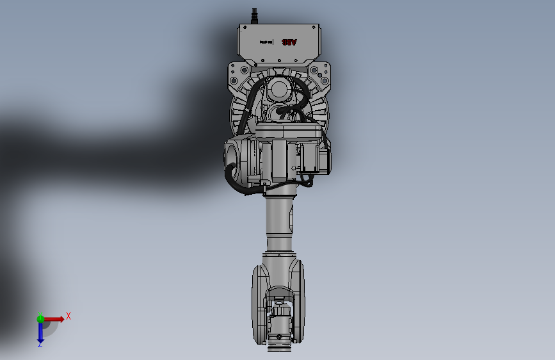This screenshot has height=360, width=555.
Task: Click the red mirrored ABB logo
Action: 290,42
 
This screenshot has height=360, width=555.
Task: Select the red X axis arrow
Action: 54,318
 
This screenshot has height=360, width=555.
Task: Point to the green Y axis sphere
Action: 40,318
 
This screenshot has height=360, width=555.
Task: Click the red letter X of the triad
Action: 68,315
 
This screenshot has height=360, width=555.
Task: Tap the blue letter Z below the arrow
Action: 40,345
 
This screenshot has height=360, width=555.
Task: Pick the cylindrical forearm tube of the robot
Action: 279,224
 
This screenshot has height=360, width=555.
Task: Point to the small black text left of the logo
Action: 267,42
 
